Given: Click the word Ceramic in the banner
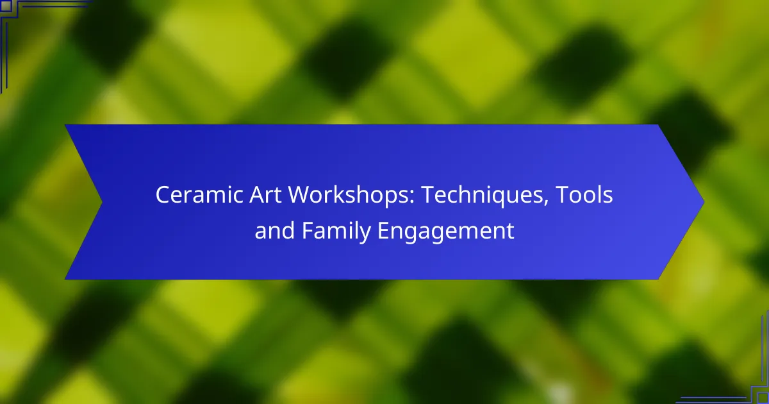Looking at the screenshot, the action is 199,194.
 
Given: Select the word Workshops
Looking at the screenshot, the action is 348,196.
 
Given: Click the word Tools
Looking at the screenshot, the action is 584,194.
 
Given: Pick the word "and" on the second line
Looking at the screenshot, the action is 275,230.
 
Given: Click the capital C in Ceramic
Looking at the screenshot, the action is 163,195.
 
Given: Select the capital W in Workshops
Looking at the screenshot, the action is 301,195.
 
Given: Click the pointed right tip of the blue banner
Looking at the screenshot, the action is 704,202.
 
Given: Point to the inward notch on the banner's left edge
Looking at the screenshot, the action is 102,202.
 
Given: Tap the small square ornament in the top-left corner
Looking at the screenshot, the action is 6,6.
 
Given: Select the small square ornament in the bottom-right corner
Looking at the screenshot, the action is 763,398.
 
